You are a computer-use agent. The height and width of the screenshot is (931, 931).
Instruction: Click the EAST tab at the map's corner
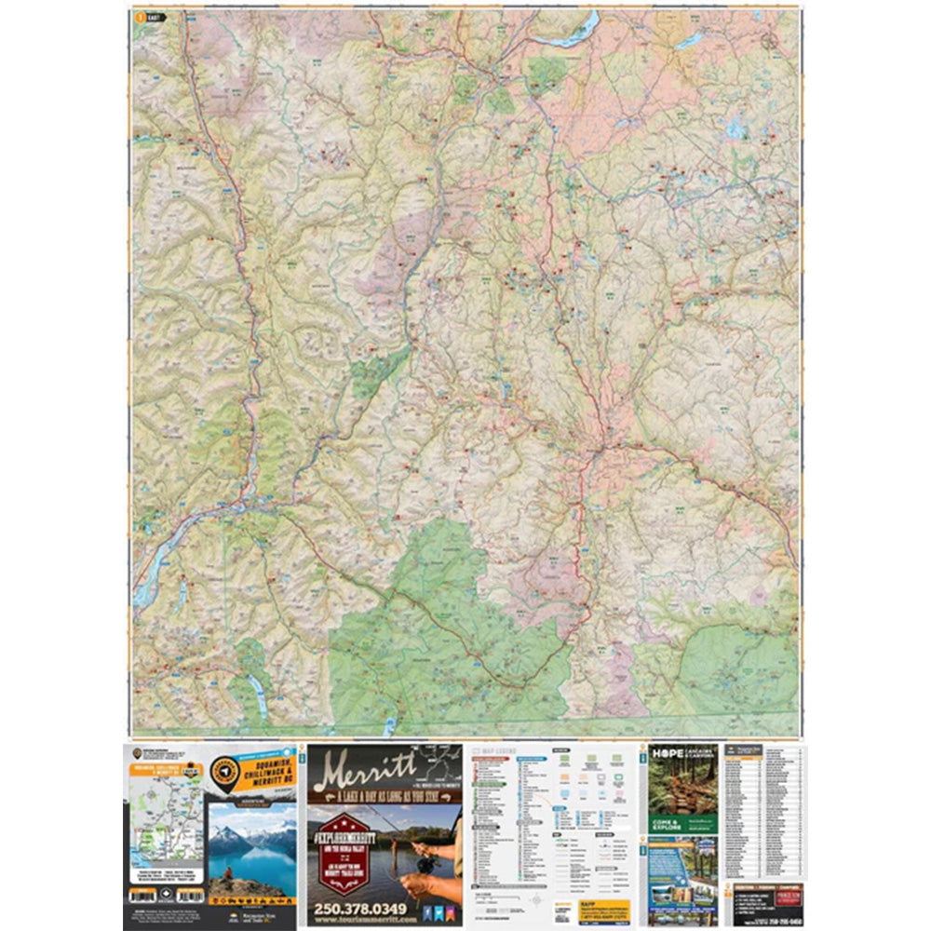148,17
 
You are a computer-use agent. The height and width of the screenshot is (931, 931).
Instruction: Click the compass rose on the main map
768,41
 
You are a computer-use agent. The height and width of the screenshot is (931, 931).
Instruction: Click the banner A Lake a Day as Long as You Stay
384,797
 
